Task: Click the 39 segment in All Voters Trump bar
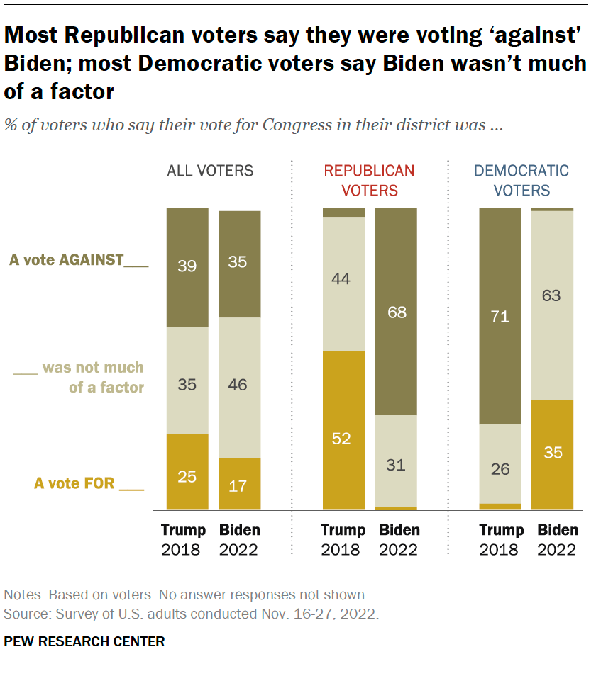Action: click(x=187, y=267)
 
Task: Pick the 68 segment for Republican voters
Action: click(x=396, y=312)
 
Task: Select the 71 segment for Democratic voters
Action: click(x=500, y=316)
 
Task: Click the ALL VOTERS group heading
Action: click(x=210, y=171)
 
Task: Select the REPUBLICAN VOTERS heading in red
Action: click(x=369, y=180)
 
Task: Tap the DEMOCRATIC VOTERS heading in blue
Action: click(x=521, y=180)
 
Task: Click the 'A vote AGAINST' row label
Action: click(x=79, y=261)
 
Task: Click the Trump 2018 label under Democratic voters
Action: click(x=501, y=539)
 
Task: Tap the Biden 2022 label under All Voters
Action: click(x=239, y=539)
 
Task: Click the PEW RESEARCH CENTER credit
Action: click(x=84, y=642)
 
